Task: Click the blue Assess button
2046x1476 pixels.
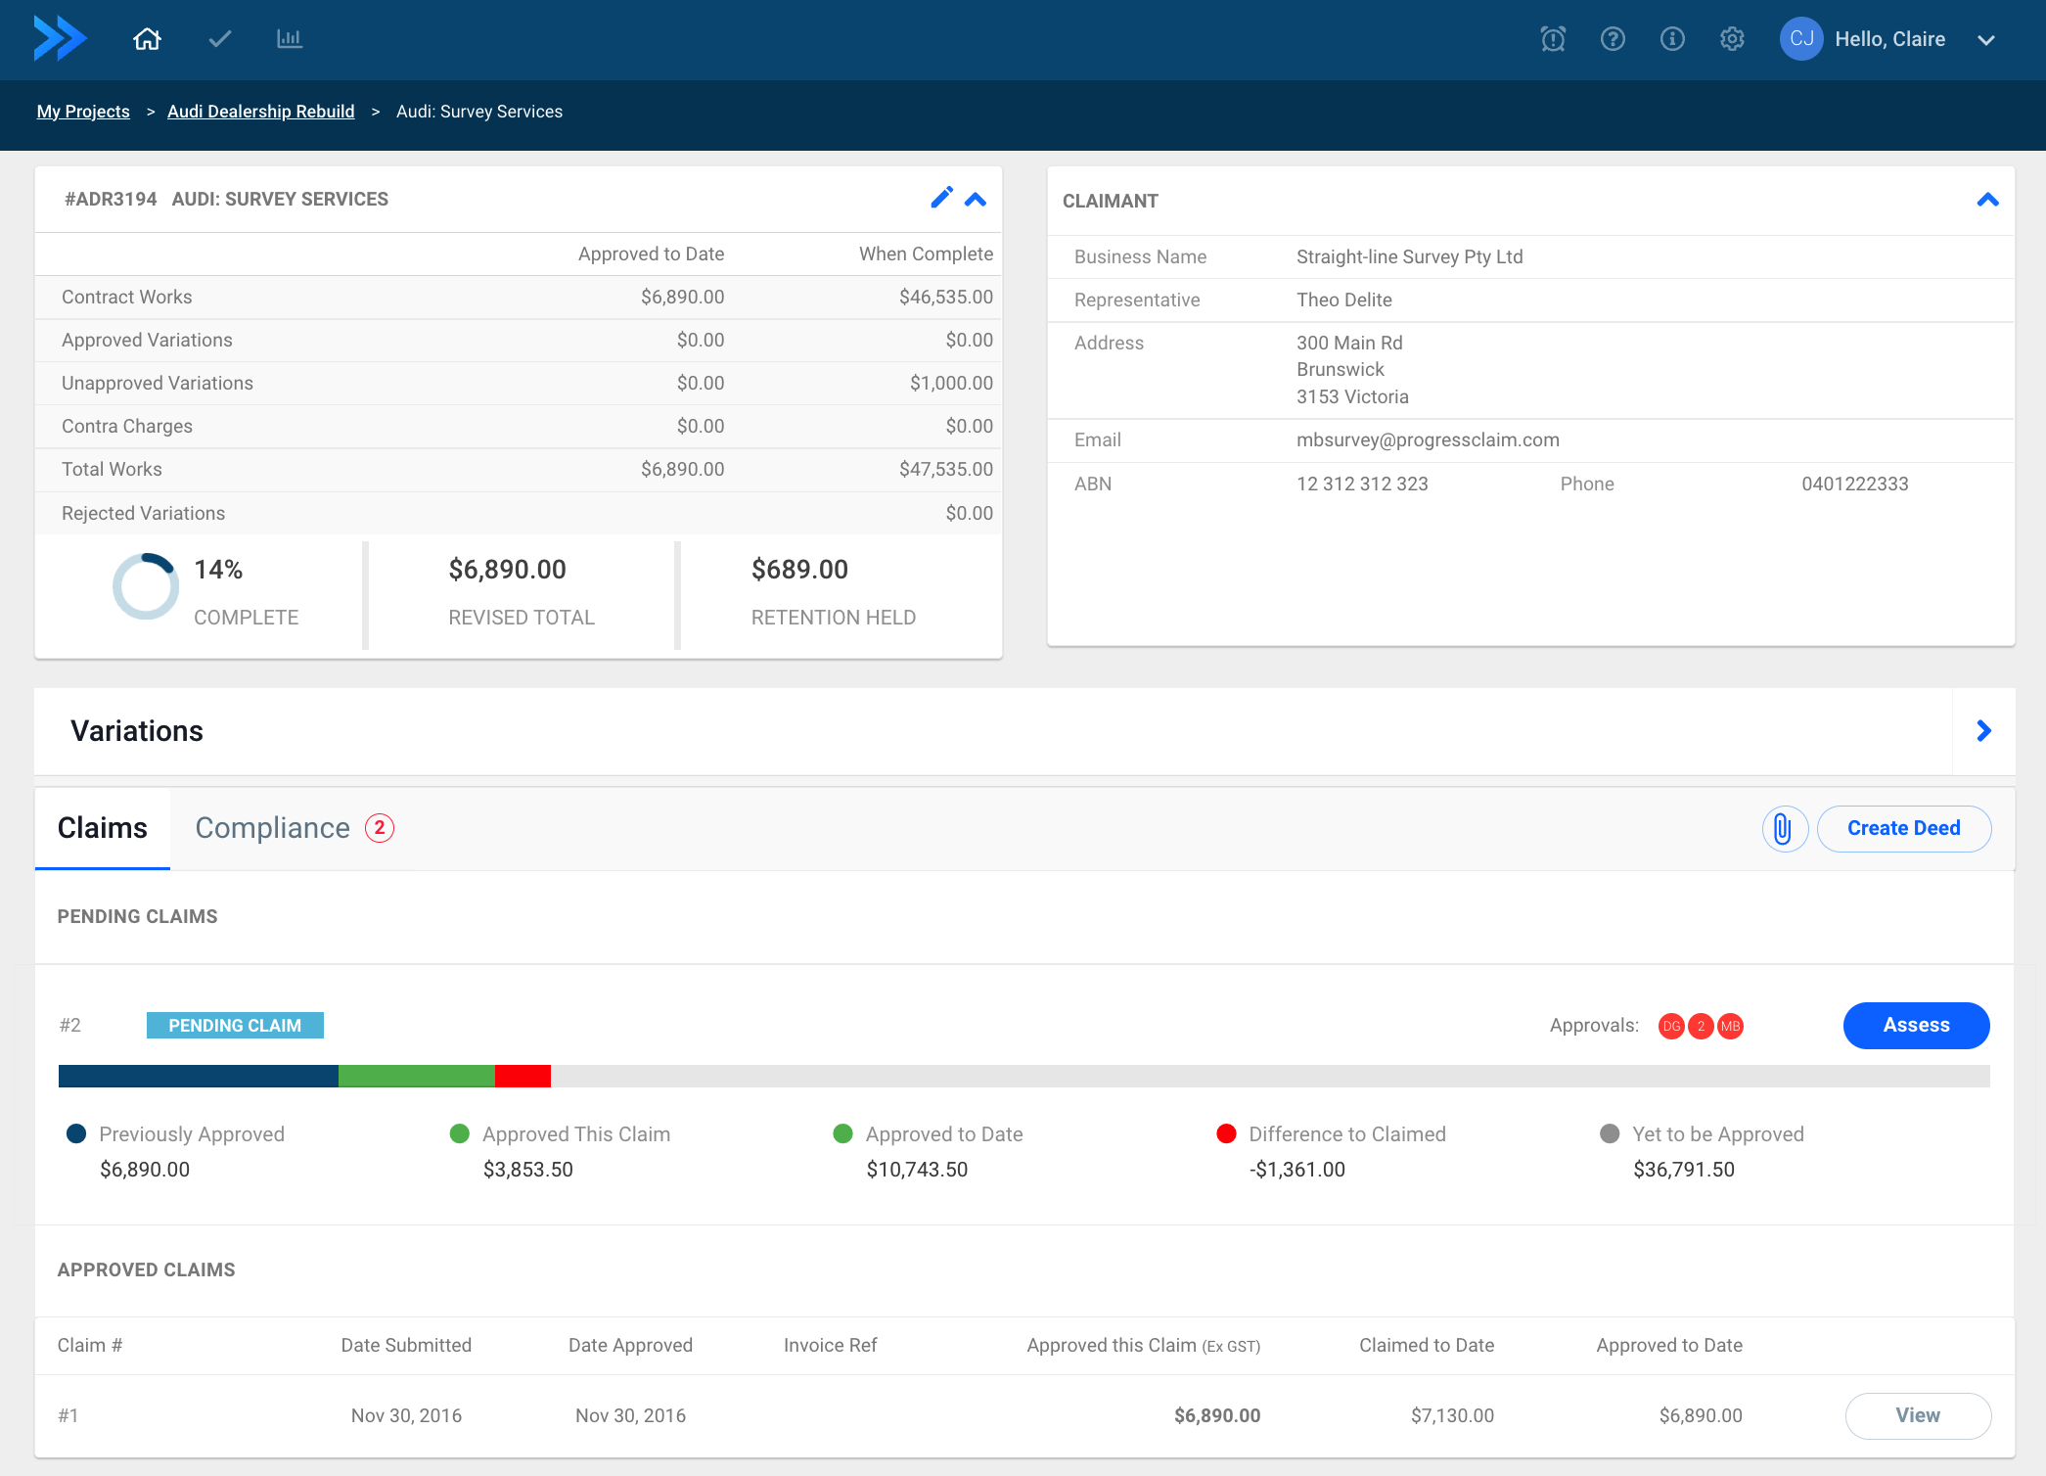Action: click(1915, 1025)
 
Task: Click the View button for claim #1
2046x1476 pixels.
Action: click(1917, 1415)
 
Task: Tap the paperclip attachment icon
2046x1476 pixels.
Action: click(1783, 829)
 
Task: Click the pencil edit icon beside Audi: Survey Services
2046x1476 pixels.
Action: click(941, 198)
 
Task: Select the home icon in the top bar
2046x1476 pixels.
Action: click(147, 39)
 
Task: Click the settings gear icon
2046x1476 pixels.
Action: click(1732, 39)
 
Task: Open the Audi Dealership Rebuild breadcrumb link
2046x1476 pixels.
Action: click(260, 112)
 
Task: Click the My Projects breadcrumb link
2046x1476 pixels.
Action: click(83, 112)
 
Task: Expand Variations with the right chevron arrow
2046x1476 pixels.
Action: click(1983, 731)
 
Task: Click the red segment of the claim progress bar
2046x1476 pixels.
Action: click(523, 1076)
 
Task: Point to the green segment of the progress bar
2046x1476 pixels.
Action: click(416, 1076)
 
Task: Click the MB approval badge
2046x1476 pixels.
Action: click(1730, 1026)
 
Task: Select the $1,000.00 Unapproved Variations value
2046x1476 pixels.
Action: click(950, 383)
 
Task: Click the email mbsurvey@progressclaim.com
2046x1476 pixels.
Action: click(1428, 439)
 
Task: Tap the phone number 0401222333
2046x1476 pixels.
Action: click(1854, 484)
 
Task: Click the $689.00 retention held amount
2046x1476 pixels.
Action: click(799, 570)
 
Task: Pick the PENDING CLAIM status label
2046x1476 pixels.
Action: click(235, 1025)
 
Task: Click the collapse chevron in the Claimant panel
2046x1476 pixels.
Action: click(1987, 200)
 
